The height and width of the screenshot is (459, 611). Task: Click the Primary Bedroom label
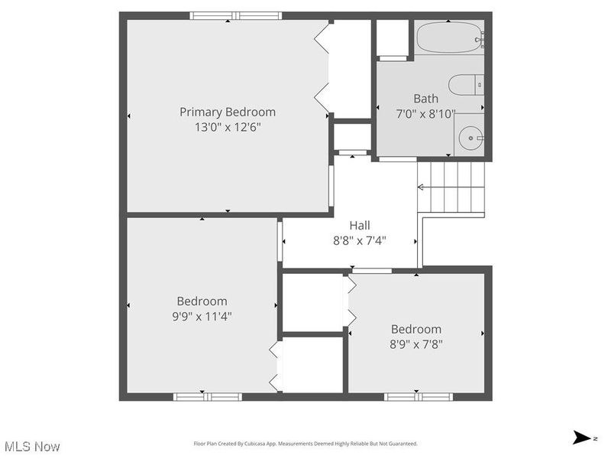(228, 112)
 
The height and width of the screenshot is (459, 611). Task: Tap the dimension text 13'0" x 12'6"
(228, 127)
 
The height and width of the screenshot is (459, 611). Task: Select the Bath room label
(426, 98)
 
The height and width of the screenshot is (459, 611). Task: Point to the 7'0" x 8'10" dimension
(426, 113)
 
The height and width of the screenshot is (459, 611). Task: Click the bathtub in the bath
(449, 37)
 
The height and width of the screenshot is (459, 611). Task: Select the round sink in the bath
(471, 138)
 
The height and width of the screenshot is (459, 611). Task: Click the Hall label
(360, 225)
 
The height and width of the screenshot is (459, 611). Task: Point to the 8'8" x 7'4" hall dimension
(360, 240)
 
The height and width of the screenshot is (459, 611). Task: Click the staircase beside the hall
(452, 187)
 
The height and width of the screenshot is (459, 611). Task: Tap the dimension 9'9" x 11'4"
(202, 315)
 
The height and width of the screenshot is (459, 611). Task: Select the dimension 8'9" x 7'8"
(416, 343)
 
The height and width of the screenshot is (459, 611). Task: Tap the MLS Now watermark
(32, 445)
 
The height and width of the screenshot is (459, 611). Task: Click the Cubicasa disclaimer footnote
(305, 444)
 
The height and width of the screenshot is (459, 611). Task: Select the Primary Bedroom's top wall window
(236, 15)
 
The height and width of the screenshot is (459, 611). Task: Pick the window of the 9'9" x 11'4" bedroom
(208, 396)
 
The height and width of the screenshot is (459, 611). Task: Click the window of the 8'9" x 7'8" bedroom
(418, 396)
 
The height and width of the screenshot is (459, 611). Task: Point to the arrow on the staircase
(421, 187)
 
